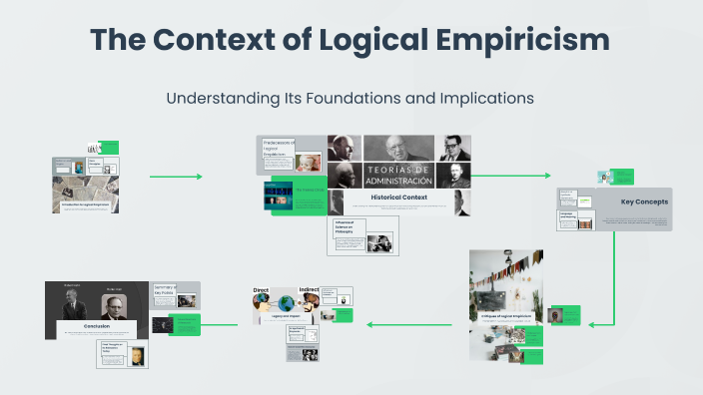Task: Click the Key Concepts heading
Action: click(644, 201)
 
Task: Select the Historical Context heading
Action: click(398, 197)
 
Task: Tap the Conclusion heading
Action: click(97, 326)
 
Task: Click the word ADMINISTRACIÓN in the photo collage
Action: click(398, 181)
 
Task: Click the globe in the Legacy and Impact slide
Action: click(287, 303)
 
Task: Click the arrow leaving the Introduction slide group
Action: click(175, 177)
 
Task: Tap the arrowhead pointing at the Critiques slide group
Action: click(593, 324)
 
